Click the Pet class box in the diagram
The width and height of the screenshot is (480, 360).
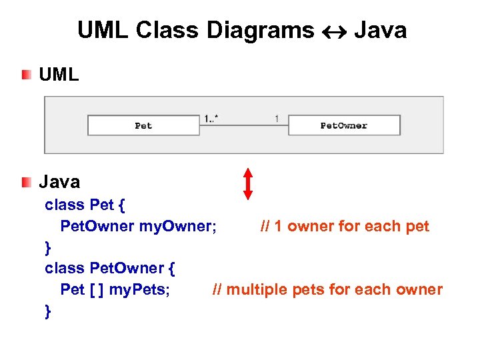pyautogui.click(x=143, y=125)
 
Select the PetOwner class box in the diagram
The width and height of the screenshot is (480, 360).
pyautogui.click(x=344, y=125)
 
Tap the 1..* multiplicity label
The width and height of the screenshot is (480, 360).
pyautogui.click(x=212, y=119)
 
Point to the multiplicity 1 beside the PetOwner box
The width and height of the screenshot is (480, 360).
pyautogui.click(x=277, y=119)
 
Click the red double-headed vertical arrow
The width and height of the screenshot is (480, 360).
pyautogui.click(x=248, y=183)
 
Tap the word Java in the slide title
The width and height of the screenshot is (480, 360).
pyautogui.click(x=380, y=30)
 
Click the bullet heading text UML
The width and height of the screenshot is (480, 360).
pyautogui.click(x=59, y=74)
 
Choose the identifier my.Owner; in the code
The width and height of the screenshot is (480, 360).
pyautogui.click(x=177, y=226)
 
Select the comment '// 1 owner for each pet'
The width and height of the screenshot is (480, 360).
pyautogui.click(x=345, y=226)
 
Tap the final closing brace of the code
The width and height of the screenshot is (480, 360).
pyautogui.click(x=47, y=311)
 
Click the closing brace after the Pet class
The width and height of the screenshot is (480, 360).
pyautogui.click(x=47, y=247)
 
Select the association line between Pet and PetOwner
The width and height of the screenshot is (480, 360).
pyautogui.click(x=243, y=125)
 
